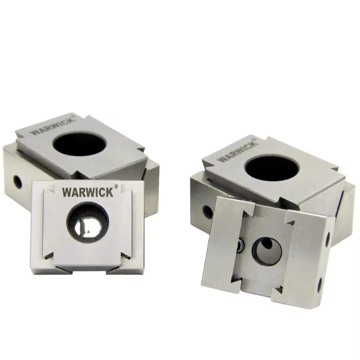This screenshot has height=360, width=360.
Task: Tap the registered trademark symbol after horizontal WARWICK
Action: [x=117, y=187]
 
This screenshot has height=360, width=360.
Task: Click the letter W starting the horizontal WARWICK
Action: [x=67, y=193]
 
